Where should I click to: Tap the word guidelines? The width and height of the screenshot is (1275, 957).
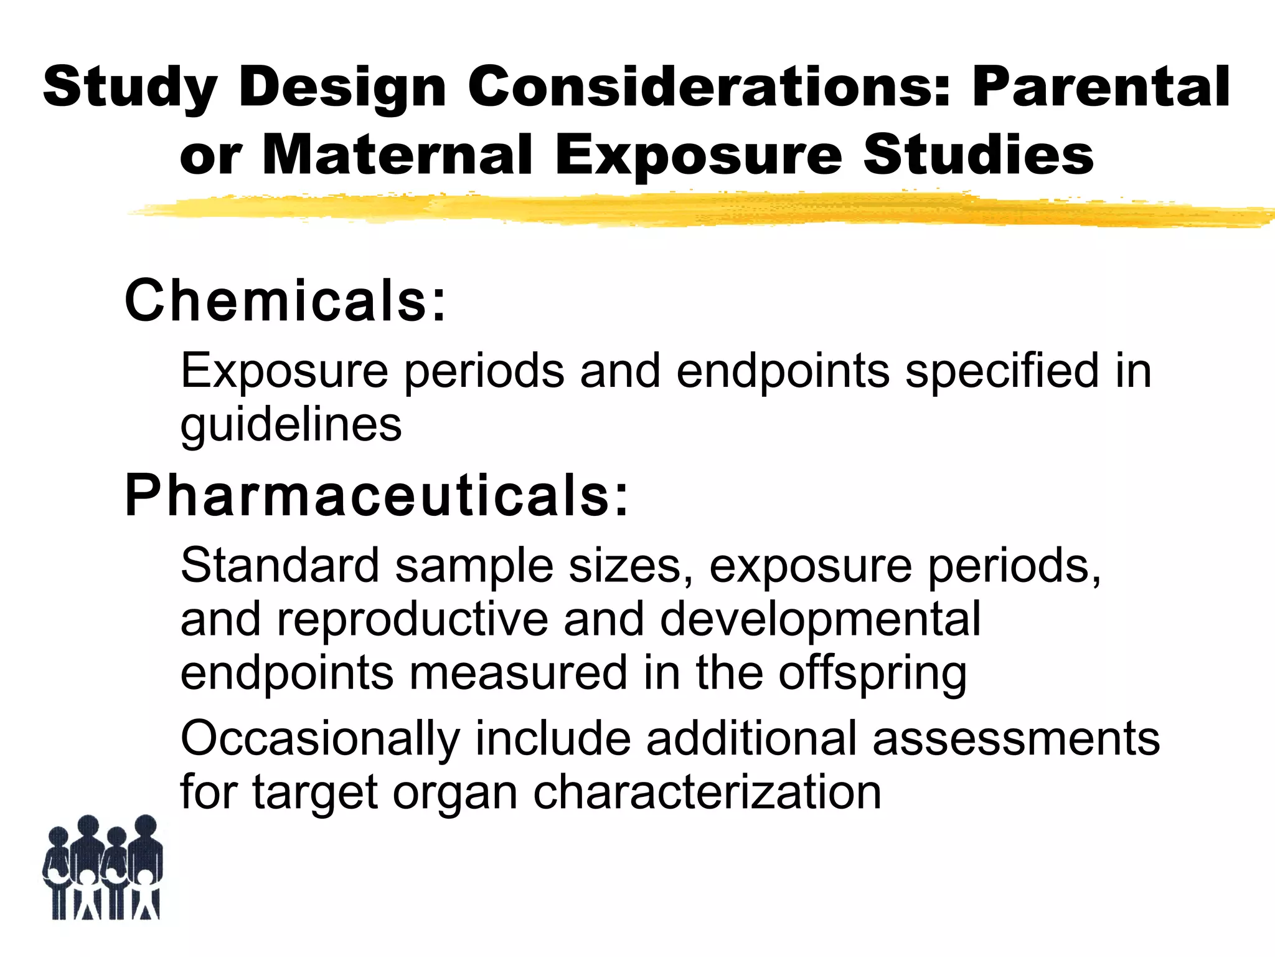[x=291, y=426]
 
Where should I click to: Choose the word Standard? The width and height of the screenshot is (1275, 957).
[x=280, y=565]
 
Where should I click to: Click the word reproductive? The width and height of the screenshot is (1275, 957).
[x=412, y=619]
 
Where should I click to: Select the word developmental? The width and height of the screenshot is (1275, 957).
[x=820, y=619]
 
